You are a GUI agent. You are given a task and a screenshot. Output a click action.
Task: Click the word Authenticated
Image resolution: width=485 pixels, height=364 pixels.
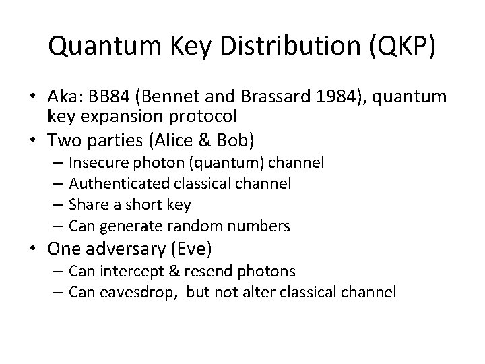[x=110, y=183]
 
